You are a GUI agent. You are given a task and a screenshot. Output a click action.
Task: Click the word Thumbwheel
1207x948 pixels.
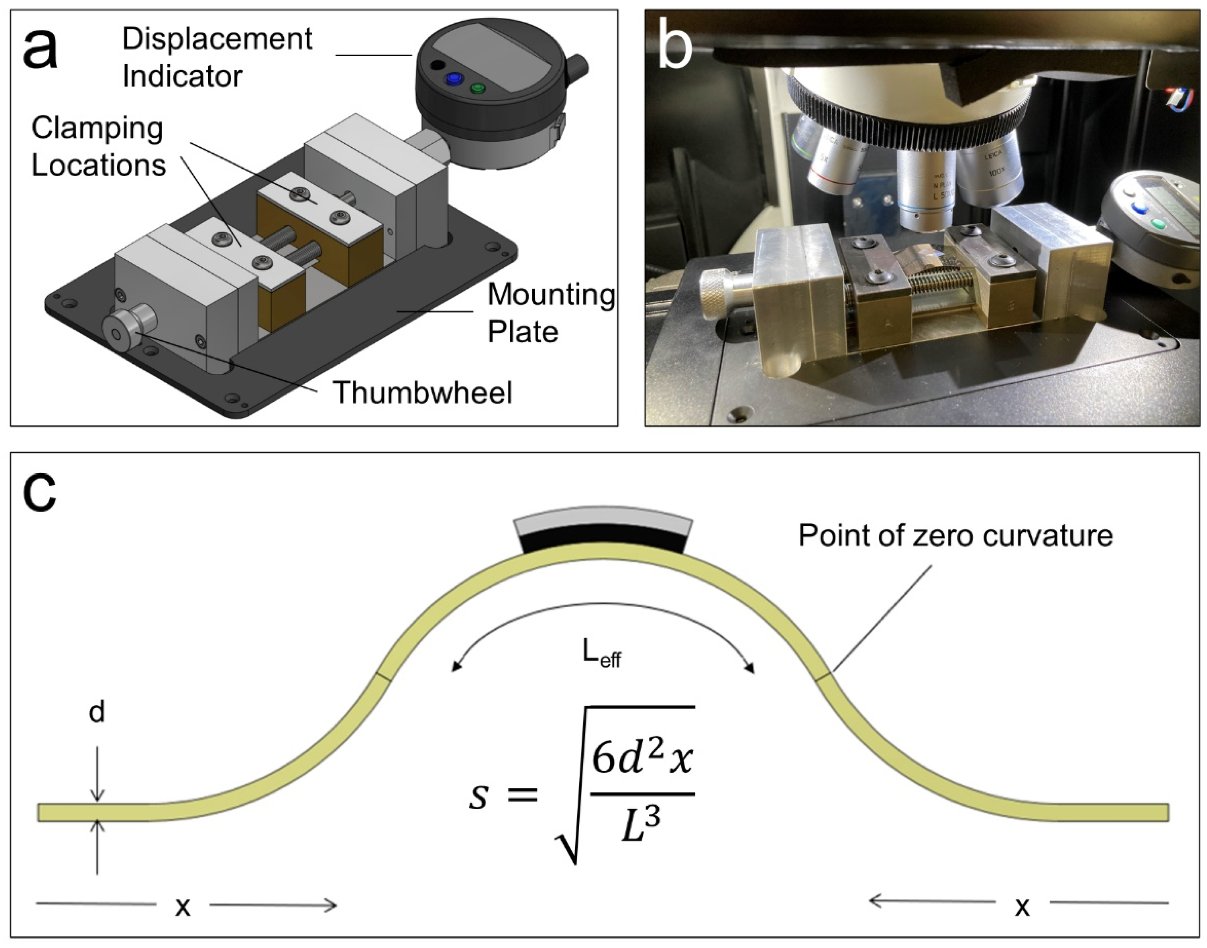pos(422,393)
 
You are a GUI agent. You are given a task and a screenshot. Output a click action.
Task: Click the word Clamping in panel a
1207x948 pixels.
pos(97,129)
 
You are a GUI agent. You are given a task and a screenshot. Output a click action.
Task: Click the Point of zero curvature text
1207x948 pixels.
pos(955,536)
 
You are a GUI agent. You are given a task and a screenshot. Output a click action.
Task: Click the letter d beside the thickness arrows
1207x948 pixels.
pos(97,712)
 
